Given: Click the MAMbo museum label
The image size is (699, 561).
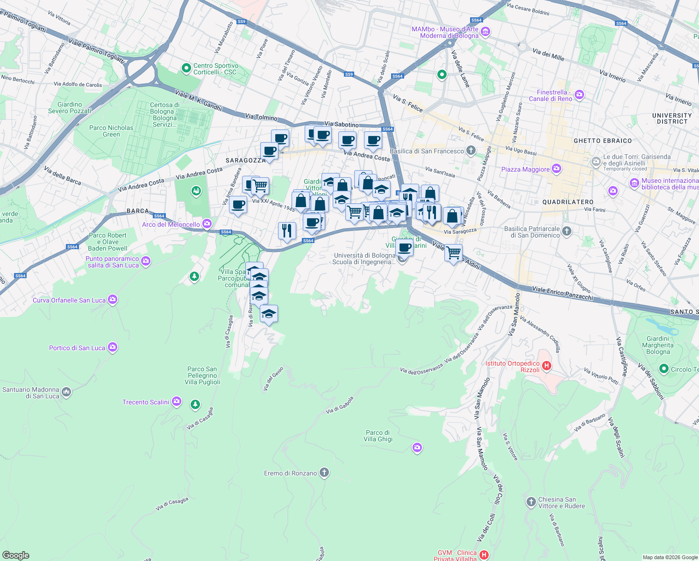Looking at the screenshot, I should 445,32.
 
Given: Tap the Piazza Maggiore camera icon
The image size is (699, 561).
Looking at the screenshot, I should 556,169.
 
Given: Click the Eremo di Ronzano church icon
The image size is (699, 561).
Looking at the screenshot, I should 324,473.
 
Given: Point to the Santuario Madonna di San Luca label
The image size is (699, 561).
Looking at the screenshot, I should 31,393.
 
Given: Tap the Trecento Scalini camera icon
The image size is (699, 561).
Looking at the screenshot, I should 176,401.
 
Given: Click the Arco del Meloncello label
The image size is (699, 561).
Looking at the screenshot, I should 171,224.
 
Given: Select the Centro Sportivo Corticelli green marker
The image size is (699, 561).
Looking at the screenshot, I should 186,68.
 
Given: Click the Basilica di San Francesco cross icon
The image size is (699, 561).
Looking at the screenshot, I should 471,151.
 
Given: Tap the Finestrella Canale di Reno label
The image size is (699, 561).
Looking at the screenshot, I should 550,95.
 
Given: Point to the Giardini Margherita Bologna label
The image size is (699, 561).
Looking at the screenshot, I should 658,345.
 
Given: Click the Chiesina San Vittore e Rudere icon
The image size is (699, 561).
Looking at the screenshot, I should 531,502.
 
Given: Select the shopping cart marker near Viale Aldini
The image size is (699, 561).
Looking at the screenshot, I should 453,253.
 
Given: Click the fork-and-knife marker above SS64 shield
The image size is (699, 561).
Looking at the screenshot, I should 287,230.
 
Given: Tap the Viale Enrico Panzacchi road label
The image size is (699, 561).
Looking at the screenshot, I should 563,293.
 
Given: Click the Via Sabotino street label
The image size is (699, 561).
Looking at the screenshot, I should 342,124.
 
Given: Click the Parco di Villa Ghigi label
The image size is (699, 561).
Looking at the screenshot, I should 378,436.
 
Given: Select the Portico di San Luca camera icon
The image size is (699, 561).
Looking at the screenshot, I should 112,347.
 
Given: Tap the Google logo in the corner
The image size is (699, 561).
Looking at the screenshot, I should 15,555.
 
